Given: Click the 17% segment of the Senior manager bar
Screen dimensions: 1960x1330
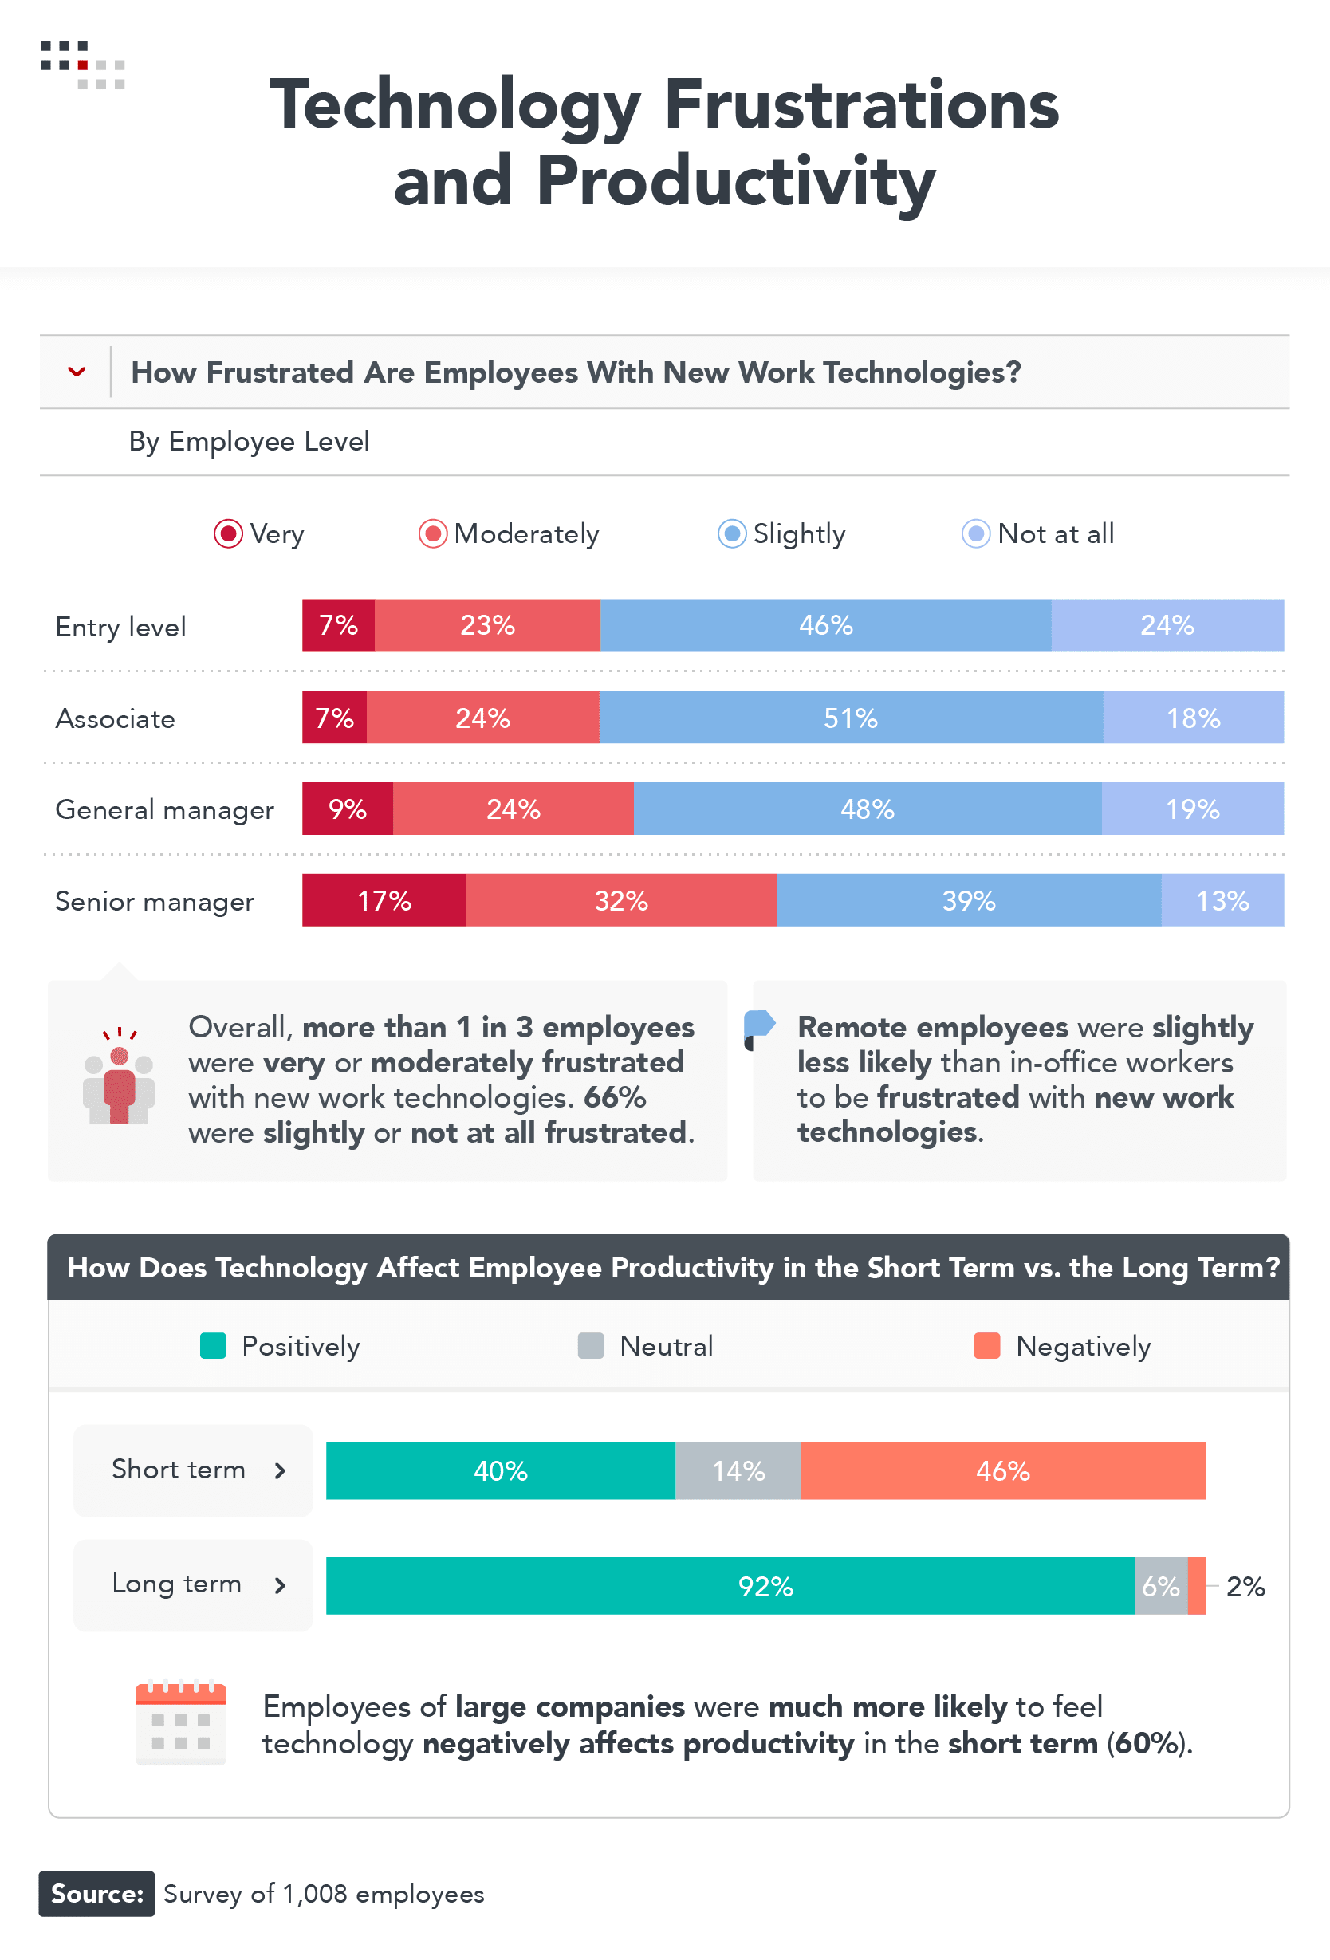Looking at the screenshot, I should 384,900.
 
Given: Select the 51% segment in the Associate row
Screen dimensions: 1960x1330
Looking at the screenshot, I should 850,718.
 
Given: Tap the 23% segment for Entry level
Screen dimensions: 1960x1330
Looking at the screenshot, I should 486,625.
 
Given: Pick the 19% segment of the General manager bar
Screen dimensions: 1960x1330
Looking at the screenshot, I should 1193,809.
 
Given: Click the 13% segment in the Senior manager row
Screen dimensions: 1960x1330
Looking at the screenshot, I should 1222,900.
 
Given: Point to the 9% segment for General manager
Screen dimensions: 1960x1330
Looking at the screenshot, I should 348,809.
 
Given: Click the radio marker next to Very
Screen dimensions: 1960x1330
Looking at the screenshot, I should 228,533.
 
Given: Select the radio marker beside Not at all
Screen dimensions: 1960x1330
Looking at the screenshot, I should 975,533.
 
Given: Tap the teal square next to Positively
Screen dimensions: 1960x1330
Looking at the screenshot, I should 214,1346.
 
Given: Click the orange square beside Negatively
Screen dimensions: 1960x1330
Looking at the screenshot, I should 987,1346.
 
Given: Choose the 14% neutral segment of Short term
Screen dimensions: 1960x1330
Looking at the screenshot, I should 738,1471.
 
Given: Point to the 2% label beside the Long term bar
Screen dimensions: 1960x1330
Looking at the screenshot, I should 1245,1586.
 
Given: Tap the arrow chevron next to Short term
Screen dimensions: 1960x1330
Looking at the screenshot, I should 280,1471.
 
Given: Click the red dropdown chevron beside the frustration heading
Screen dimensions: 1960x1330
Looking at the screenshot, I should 77,372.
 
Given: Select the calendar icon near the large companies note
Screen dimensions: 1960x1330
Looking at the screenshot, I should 180,1723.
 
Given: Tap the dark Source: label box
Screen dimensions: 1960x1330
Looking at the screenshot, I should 97,1893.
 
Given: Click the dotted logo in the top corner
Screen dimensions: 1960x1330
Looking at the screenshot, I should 83,65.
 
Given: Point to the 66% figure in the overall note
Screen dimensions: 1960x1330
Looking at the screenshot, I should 614,1097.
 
